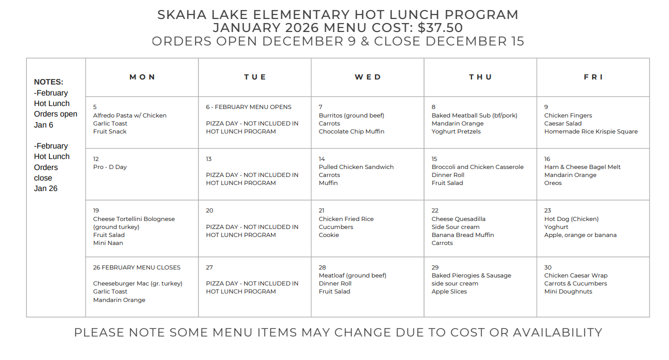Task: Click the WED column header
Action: (367, 77)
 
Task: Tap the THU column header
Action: (480, 77)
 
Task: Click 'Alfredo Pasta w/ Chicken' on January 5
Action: (129, 115)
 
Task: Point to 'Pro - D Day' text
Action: (110, 167)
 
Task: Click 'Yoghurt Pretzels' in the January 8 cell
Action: (456, 131)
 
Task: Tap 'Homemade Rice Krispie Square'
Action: (591, 131)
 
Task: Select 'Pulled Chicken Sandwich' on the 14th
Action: (356, 167)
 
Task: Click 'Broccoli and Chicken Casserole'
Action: (477, 167)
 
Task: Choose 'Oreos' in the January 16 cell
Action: (553, 183)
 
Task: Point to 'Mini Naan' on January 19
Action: (108, 243)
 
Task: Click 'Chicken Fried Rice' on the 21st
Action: (346, 219)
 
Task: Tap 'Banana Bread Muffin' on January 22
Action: (462, 235)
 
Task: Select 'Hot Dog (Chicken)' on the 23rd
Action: (571, 219)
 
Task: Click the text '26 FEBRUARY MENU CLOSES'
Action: (136, 267)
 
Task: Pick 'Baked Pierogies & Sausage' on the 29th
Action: (471, 275)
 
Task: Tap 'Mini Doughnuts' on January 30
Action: (568, 291)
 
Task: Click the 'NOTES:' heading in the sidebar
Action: (48, 82)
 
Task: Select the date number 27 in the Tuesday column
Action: (209, 267)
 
